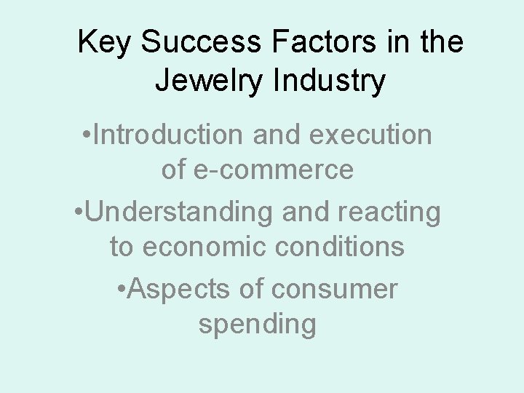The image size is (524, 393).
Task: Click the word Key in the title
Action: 105,42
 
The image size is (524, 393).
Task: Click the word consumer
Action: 336,289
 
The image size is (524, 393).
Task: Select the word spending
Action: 257,325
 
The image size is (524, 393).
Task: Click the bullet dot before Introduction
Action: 87,135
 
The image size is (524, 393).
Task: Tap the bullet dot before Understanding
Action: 79,213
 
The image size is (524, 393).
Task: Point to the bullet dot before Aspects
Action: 122,289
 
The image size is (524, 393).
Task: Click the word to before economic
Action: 122,247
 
